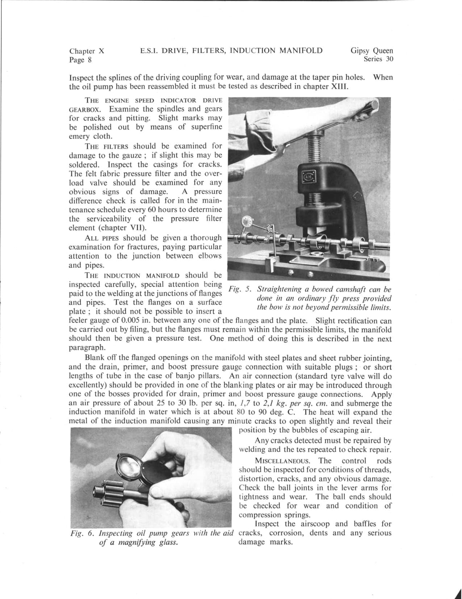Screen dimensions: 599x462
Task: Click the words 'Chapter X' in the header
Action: [x=87, y=51]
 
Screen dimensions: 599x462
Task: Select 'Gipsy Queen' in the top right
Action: [x=371, y=51]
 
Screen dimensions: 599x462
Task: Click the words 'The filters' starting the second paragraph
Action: [x=106, y=146]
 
